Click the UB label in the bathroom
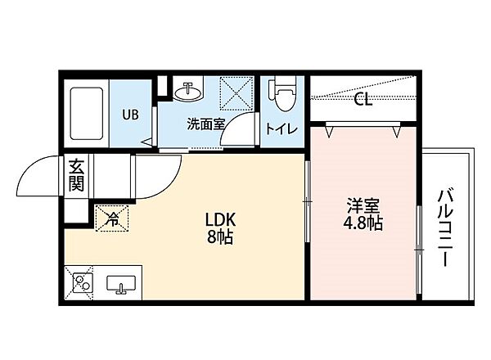pyautogui.click(x=131, y=115)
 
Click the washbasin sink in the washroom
pyautogui.click(x=189, y=90)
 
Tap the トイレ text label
pyautogui.click(x=282, y=128)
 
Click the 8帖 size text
pyautogui.click(x=220, y=239)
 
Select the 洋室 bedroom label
pyautogui.click(x=363, y=205)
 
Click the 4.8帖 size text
pyautogui.click(x=363, y=223)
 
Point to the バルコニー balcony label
pyautogui.click(x=446, y=226)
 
